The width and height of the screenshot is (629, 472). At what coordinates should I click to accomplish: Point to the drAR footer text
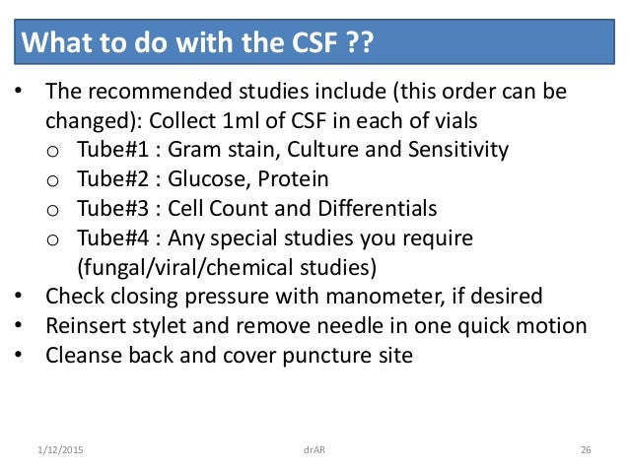click(314, 450)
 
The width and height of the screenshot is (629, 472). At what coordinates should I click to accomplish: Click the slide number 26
click(586, 450)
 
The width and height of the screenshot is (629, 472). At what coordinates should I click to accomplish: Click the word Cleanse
click(82, 356)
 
